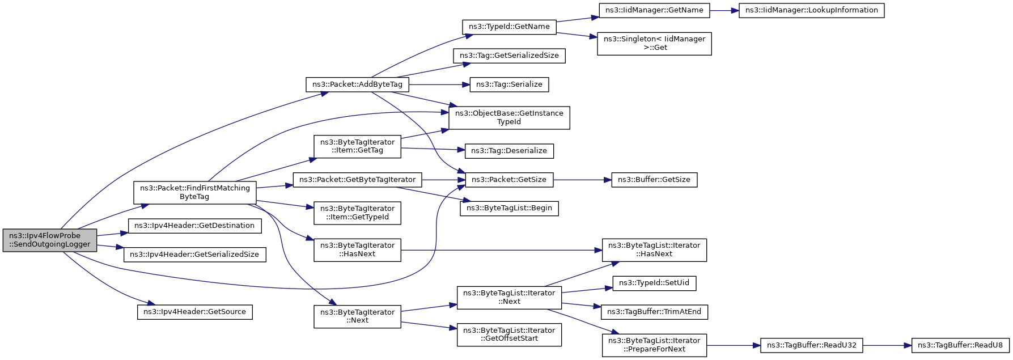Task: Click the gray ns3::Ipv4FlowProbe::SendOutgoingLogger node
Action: (50, 240)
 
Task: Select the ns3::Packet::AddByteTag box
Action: (357, 84)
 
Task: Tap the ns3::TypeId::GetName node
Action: (509, 27)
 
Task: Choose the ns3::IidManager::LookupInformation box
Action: (811, 10)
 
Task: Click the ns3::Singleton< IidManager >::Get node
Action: (654, 44)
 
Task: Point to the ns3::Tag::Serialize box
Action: (509, 84)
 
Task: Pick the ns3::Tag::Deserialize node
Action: (509, 151)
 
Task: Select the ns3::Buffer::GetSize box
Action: (654, 180)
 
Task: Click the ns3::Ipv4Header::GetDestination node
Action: (194, 226)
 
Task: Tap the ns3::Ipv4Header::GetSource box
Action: (194, 312)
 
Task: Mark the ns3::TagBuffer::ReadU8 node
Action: (960, 345)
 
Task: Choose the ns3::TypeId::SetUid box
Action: (654, 283)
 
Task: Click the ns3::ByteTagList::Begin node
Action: (509, 208)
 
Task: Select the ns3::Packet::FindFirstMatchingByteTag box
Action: (194, 193)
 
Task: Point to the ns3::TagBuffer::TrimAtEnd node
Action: (654, 312)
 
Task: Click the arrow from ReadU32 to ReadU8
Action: (887, 345)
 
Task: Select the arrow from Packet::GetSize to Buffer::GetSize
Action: (582, 180)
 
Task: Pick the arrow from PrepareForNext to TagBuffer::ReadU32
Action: (733, 345)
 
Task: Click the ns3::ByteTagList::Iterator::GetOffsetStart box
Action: (509, 334)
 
